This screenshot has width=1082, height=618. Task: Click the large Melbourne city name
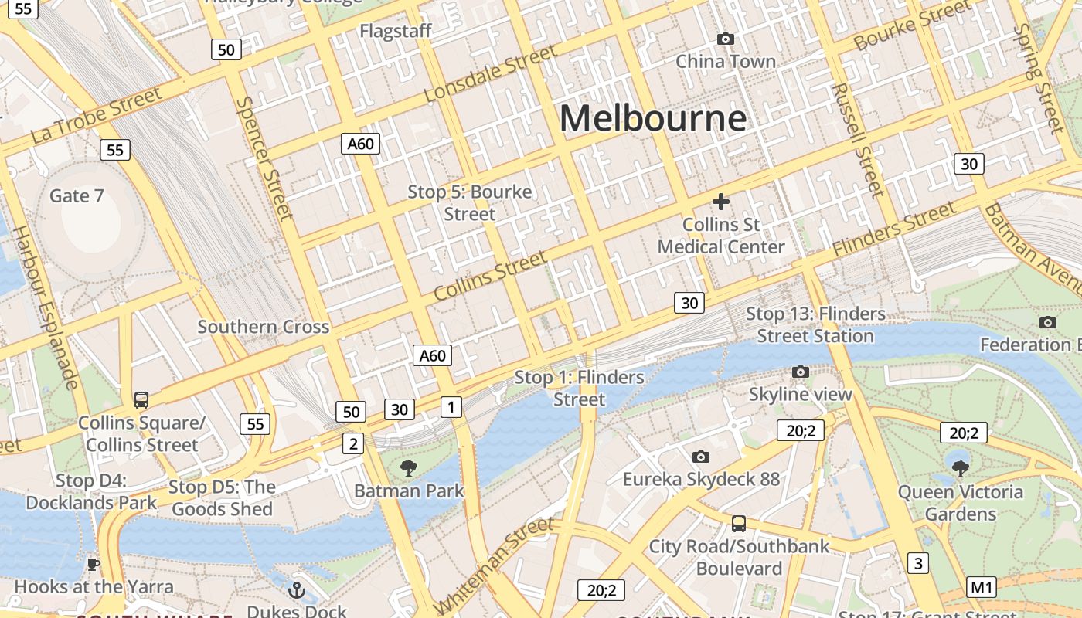653,118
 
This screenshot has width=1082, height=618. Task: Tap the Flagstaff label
395,32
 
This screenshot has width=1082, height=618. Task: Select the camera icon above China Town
725,39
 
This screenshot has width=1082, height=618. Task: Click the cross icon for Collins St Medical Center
721,202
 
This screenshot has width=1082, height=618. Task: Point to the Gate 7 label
77,195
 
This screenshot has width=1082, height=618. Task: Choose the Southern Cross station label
263,327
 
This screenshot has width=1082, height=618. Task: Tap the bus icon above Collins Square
141,399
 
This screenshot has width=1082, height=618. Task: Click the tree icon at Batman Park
409,467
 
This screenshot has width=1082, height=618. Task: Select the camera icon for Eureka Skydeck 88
701,457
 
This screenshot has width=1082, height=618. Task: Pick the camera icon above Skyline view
801,372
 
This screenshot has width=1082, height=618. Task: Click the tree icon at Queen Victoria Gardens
960,468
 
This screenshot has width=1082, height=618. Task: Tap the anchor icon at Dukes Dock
297,591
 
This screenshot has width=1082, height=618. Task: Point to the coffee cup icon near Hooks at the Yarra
94,564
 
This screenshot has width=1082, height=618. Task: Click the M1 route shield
982,587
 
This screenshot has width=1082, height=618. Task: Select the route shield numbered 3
917,562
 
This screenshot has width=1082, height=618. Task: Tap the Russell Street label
857,139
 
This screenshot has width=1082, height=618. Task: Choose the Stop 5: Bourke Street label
470,202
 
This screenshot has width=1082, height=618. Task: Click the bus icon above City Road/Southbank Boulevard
739,524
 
